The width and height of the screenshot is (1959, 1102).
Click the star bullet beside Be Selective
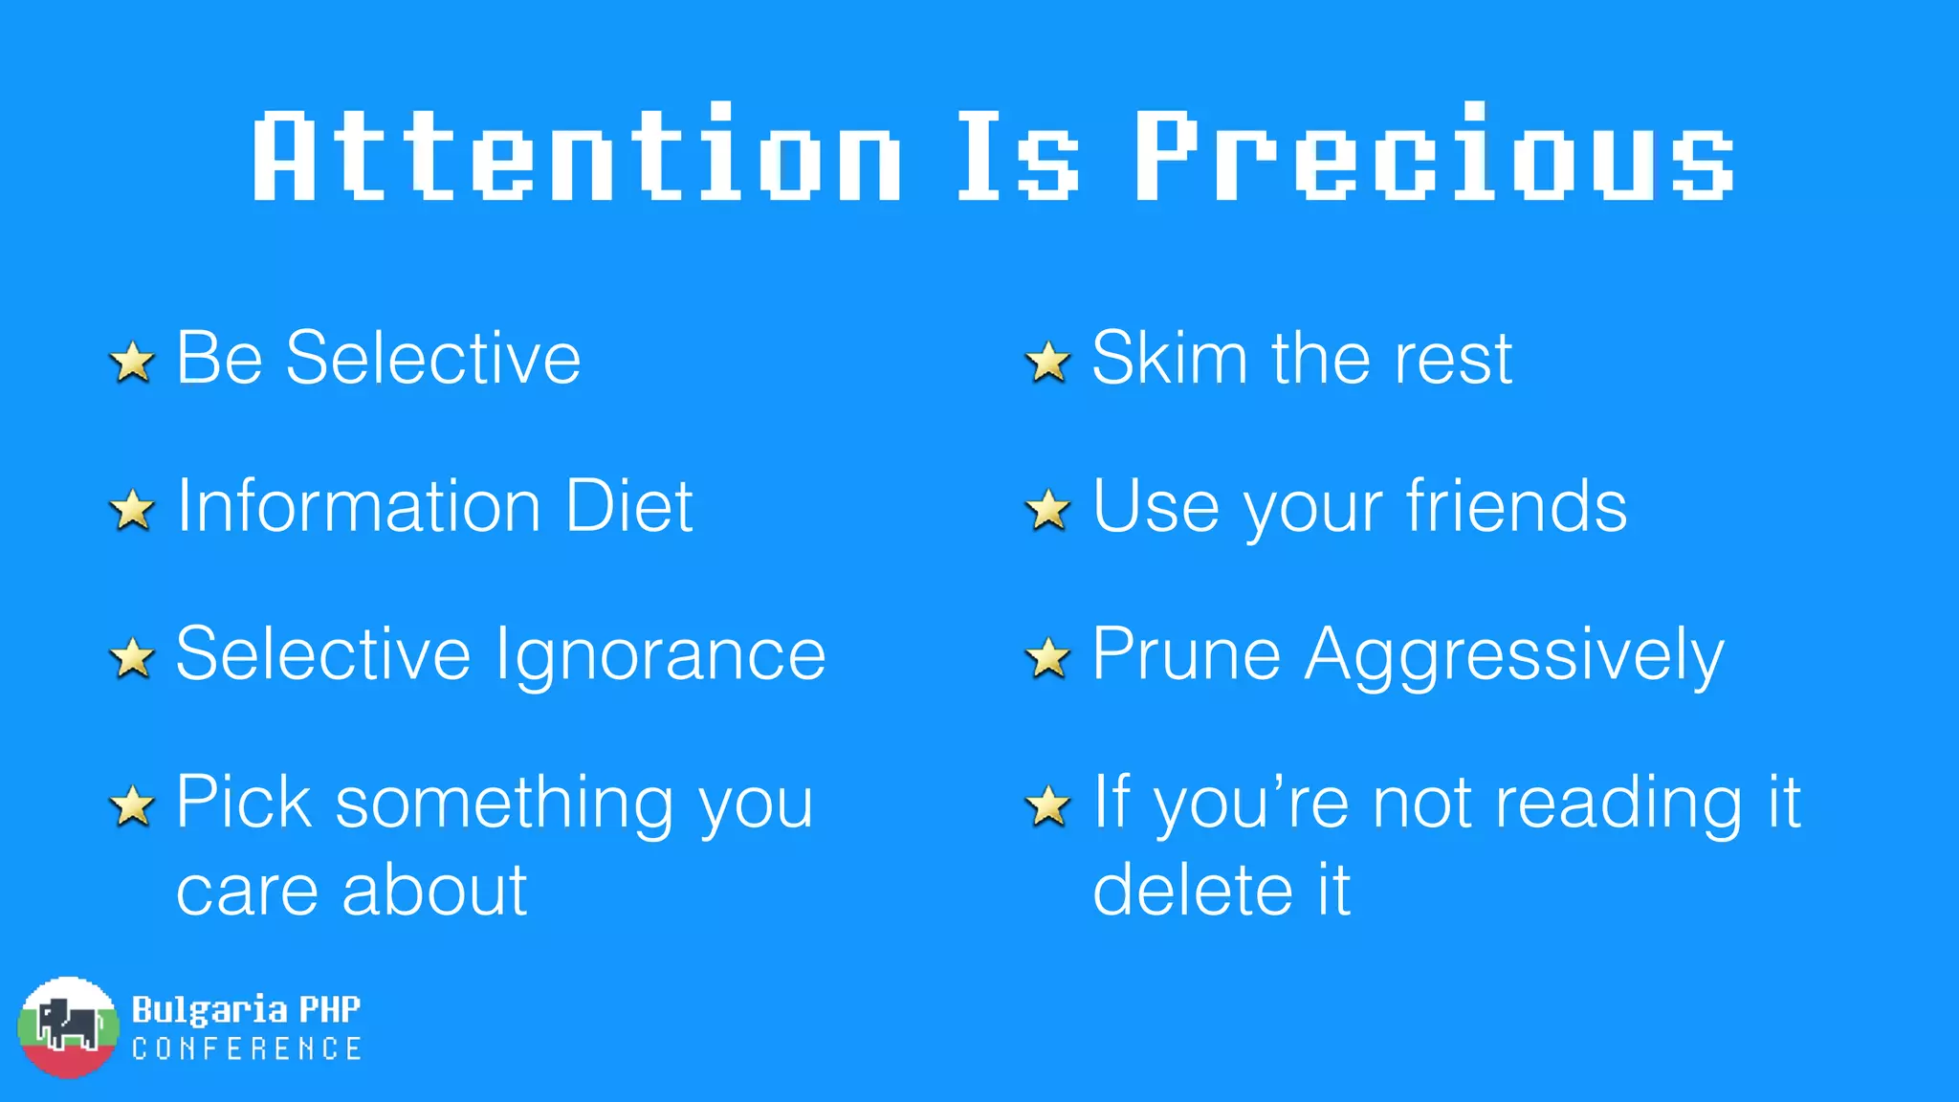(x=132, y=362)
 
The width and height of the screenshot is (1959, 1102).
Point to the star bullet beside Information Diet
(x=132, y=510)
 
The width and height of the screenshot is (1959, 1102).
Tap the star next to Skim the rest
(x=1048, y=362)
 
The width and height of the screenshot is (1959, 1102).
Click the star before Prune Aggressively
(x=1048, y=658)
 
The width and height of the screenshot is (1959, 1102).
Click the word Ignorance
(x=660, y=655)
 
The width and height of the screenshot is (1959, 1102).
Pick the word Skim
(x=1170, y=358)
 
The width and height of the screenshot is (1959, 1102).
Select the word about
(x=434, y=890)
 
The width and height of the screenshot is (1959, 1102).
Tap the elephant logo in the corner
(x=68, y=1027)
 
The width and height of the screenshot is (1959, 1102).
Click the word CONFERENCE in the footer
(x=247, y=1049)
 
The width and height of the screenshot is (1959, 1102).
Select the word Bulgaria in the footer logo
(x=209, y=1009)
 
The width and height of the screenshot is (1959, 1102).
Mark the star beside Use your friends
(x=1048, y=510)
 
